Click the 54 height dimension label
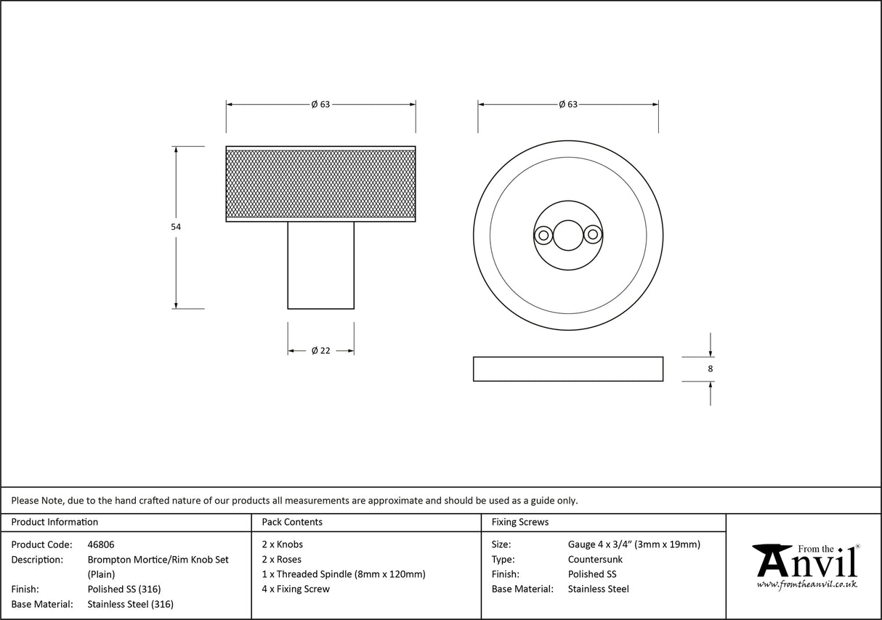pos(176,227)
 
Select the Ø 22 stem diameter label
pos(320,350)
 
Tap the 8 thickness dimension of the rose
pos(710,369)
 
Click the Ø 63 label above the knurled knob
pos(320,105)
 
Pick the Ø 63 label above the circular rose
pos(567,105)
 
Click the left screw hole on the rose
pos(542,235)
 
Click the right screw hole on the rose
pos(593,235)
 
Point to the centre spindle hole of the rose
pos(567,235)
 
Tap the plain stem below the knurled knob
pos(320,265)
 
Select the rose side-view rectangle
pos(567,369)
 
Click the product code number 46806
pos(101,544)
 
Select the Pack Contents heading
pos(292,522)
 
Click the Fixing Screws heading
pos(520,522)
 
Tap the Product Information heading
pos(54,522)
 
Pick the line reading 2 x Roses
pos(282,560)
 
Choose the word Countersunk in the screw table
pos(595,560)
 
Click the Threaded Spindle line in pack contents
pos(344,574)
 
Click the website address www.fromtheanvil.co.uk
pos(806,584)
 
